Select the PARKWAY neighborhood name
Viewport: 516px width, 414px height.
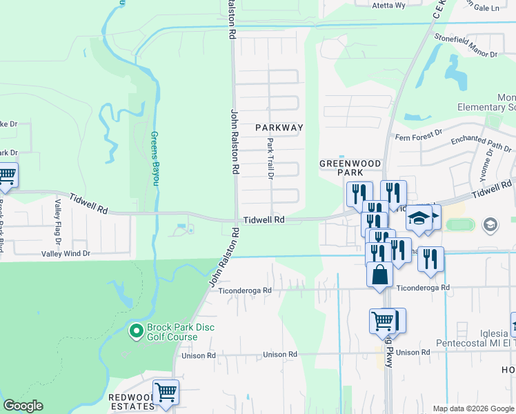click(x=279, y=128)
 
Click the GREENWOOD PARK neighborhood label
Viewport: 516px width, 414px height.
click(x=350, y=168)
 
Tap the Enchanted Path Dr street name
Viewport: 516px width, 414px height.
click(x=481, y=144)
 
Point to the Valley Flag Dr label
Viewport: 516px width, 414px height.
click(x=58, y=224)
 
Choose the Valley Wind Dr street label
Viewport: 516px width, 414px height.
click(x=68, y=253)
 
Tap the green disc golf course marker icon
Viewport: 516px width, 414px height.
click(x=136, y=333)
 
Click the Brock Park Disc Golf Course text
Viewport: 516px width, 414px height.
click(x=172, y=333)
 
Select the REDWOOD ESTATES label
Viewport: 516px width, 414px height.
click(x=131, y=402)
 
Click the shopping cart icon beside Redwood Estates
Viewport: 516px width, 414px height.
click(x=166, y=392)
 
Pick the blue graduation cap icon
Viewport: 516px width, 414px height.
click(x=418, y=217)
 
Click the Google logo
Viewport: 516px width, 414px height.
click(x=23, y=406)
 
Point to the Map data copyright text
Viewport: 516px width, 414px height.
click(x=472, y=408)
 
